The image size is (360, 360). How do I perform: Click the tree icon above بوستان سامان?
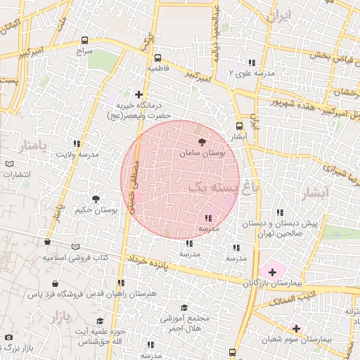point(202,141)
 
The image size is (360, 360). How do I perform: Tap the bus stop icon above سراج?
point(85,41)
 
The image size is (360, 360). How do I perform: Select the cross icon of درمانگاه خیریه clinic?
point(139,94)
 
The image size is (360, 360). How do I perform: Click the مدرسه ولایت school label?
point(78,154)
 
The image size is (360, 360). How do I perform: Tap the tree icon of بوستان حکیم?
point(96,200)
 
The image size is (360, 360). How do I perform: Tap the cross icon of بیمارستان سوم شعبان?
point(296,328)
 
